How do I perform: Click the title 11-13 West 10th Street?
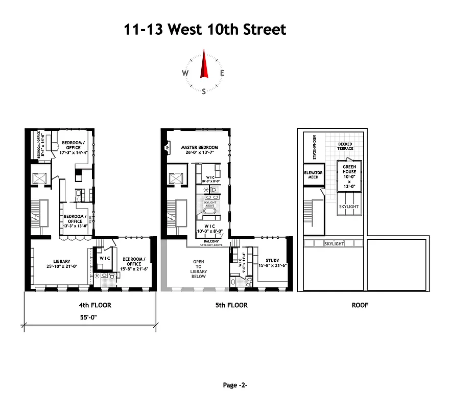pyautogui.click(x=205, y=29)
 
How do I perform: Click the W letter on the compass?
pyautogui.click(x=185, y=73)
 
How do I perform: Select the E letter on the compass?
pyautogui.click(x=222, y=73)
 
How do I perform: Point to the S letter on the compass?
pyautogui.click(x=204, y=92)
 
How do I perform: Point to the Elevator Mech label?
pyautogui.click(x=313, y=175)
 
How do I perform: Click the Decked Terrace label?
pyautogui.click(x=345, y=146)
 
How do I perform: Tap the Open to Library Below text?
pyautogui.click(x=199, y=269)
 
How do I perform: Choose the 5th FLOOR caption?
pyautogui.click(x=228, y=305)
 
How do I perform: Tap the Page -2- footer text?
pyautogui.click(x=235, y=385)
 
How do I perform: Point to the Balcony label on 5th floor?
pyautogui.click(x=211, y=241)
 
